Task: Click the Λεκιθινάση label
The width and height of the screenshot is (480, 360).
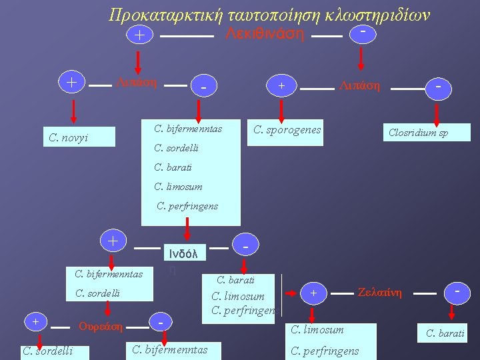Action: pyautogui.click(x=265, y=33)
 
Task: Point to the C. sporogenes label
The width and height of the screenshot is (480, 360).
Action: pyautogui.click(x=287, y=129)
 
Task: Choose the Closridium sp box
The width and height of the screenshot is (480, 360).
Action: pyautogui.click(x=419, y=133)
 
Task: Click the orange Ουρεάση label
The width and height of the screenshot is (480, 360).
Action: pyautogui.click(x=101, y=326)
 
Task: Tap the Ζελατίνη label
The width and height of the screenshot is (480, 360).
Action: pyautogui.click(x=380, y=291)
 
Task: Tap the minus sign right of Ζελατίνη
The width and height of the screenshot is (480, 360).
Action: pyautogui.click(x=458, y=291)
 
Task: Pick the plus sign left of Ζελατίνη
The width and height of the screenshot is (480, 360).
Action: pyautogui.click(x=313, y=291)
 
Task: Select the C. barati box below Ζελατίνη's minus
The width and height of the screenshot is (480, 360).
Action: pyautogui.click(x=445, y=333)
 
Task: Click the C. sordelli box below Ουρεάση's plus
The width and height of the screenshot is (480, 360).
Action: pyautogui.click(x=47, y=351)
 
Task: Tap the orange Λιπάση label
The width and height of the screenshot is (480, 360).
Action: pyautogui.click(x=136, y=82)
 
